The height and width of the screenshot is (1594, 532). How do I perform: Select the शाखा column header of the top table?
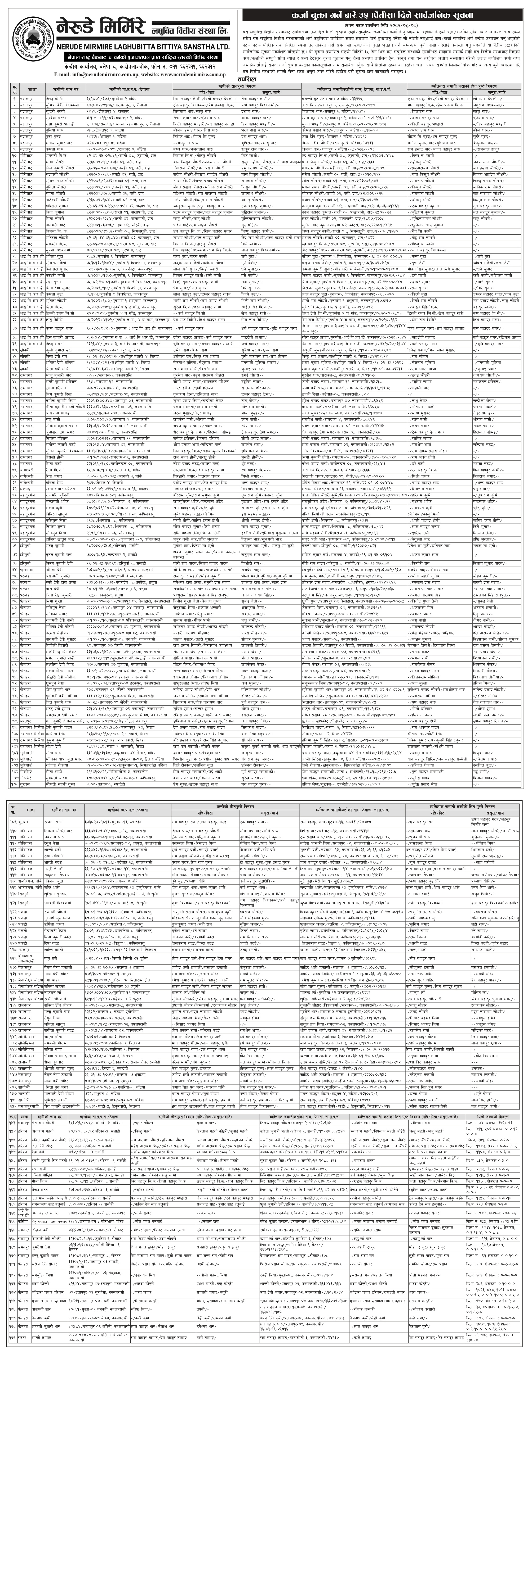(x=32, y=90)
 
